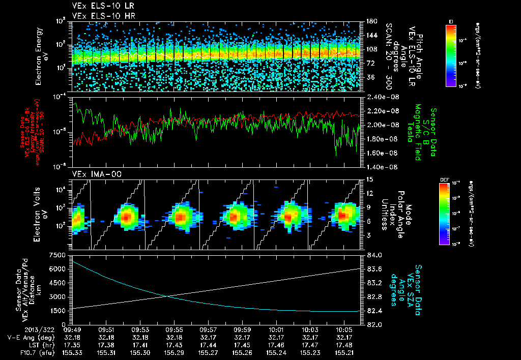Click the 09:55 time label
coord(168,329)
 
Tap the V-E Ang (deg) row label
coord(29,337)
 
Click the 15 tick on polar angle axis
coord(369,179)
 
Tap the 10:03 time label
coord(311,329)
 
